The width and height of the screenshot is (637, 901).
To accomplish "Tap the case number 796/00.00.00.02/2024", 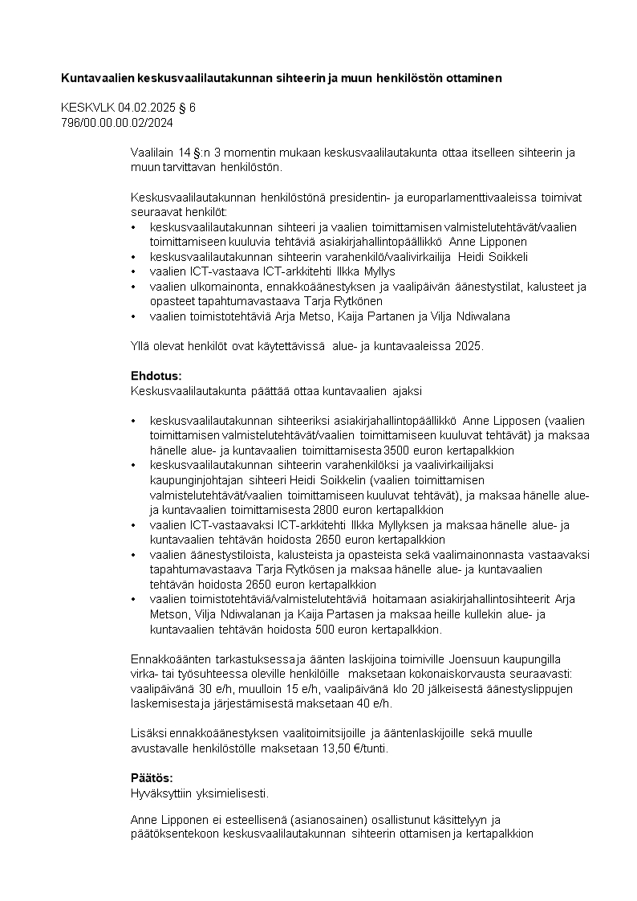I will click(117, 122).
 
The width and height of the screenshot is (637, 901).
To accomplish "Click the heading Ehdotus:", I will click(156, 376).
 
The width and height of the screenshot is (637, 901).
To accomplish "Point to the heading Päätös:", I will click(152, 778).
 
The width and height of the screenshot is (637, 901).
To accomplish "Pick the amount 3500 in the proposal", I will click(398, 450).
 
